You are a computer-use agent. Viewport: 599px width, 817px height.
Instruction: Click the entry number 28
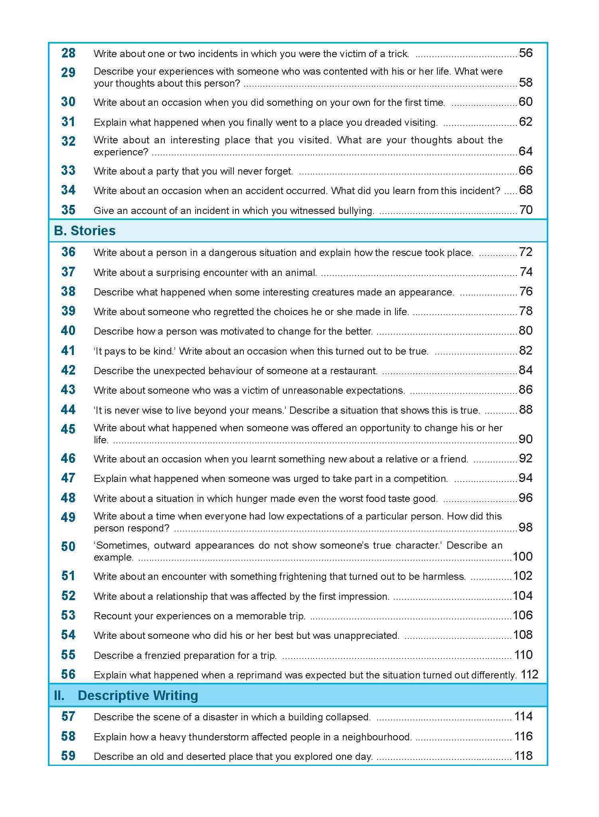[68, 53]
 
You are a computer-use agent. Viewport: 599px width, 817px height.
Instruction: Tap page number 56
[526, 53]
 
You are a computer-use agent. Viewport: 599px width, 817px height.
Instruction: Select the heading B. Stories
[85, 231]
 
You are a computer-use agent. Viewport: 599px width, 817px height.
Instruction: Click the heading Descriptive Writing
[138, 696]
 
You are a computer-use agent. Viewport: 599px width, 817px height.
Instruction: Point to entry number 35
[68, 210]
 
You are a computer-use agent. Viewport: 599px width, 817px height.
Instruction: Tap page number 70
[526, 210]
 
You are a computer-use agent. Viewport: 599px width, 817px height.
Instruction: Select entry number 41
[68, 351]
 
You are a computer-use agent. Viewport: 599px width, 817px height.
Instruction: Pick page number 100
[522, 557]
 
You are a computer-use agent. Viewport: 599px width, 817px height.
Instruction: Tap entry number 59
[68, 756]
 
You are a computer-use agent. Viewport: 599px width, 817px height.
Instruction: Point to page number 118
[523, 756]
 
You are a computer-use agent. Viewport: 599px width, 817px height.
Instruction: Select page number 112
[529, 675]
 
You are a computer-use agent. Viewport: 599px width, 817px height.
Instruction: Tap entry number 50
[68, 547]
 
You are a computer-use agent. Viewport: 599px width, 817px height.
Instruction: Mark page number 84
[526, 370]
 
